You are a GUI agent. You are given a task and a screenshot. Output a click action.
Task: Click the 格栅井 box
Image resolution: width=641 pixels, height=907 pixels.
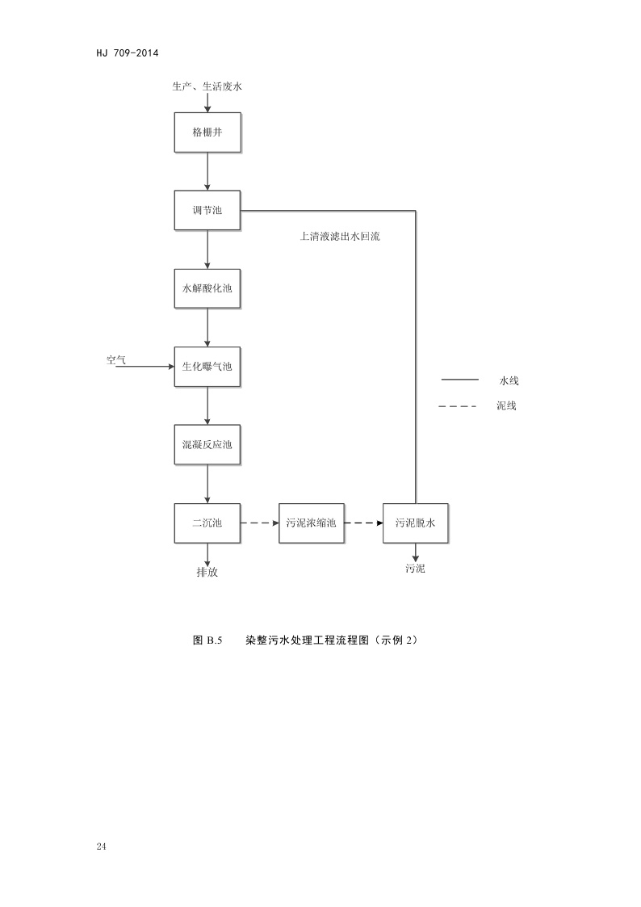coord(207,132)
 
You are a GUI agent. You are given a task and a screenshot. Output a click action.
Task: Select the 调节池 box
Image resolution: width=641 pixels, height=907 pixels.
coord(207,210)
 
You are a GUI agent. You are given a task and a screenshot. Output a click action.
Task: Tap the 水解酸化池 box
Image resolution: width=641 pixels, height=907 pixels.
coord(207,288)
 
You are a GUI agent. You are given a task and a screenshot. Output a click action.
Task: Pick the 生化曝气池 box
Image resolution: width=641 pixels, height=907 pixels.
coord(207,367)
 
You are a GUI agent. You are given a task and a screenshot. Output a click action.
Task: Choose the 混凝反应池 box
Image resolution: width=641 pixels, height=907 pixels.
coord(207,445)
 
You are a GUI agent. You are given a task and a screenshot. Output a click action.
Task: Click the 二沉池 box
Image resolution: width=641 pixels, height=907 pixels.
coord(207,523)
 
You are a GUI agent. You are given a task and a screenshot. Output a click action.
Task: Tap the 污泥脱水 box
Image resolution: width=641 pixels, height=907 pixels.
coord(415,523)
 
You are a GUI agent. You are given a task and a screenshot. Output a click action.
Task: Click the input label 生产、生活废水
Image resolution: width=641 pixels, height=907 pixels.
coord(207,86)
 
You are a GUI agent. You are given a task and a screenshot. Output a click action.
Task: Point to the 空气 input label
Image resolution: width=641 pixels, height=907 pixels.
coord(116,360)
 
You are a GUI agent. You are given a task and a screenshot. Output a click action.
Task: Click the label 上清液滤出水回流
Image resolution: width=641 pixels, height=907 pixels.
coord(339,237)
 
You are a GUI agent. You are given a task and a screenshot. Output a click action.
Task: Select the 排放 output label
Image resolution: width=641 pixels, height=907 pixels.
coord(207,573)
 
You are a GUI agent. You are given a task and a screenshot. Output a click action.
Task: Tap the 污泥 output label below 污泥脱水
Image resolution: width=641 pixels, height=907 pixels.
coord(415,569)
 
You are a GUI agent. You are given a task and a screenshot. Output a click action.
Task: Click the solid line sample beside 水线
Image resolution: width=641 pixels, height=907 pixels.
coord(459,379)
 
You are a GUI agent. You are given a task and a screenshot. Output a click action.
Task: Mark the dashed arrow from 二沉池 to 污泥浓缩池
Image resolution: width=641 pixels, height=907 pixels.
coord(258,523)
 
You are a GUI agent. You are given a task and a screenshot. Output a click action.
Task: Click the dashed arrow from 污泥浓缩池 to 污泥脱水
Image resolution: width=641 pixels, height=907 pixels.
coord(363,523)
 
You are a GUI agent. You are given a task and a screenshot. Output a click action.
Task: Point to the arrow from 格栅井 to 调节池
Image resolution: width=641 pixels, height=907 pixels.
coord(207,170)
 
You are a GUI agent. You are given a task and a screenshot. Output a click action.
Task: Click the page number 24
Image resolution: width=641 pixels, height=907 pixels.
coord(101,846)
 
